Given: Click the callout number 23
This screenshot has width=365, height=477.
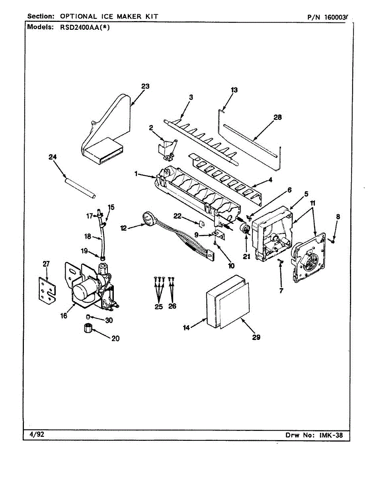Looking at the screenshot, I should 145,85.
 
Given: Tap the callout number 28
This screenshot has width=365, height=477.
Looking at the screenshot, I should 277,117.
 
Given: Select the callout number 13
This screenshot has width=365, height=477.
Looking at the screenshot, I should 234,90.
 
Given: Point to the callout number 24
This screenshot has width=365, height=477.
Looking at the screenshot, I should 53,157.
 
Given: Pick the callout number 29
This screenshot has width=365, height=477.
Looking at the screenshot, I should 256,337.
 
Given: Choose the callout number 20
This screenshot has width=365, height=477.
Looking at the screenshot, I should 115,339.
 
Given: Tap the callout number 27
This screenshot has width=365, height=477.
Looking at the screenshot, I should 47,263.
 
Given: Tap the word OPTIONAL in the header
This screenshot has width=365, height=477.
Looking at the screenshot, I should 78,16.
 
